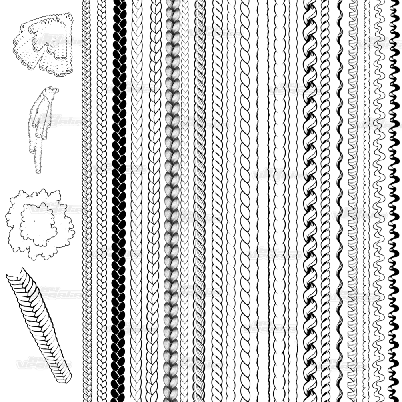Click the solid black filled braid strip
(119, 200)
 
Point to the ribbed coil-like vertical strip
(352, 200)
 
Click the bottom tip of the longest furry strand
(38, 171)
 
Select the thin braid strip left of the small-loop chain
(86, 200)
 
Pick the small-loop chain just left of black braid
(102, 200)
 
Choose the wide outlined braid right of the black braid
(136, 200)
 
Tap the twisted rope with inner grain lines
(199, 200)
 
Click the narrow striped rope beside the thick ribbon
(325, 200)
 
